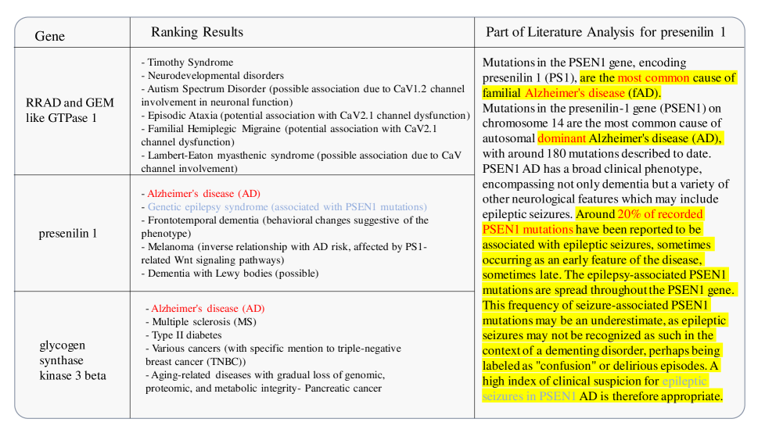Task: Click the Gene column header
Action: [50, 36]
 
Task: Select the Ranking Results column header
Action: [197, 32]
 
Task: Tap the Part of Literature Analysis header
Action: [605, 32]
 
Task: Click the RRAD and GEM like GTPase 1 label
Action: [70, 110]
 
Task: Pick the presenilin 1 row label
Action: [68, 233]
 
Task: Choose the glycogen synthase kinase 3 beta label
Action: [73, 360]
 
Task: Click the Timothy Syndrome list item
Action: [189, 63]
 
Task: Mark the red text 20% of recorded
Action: [661, 213]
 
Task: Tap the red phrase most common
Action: [654, 77]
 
